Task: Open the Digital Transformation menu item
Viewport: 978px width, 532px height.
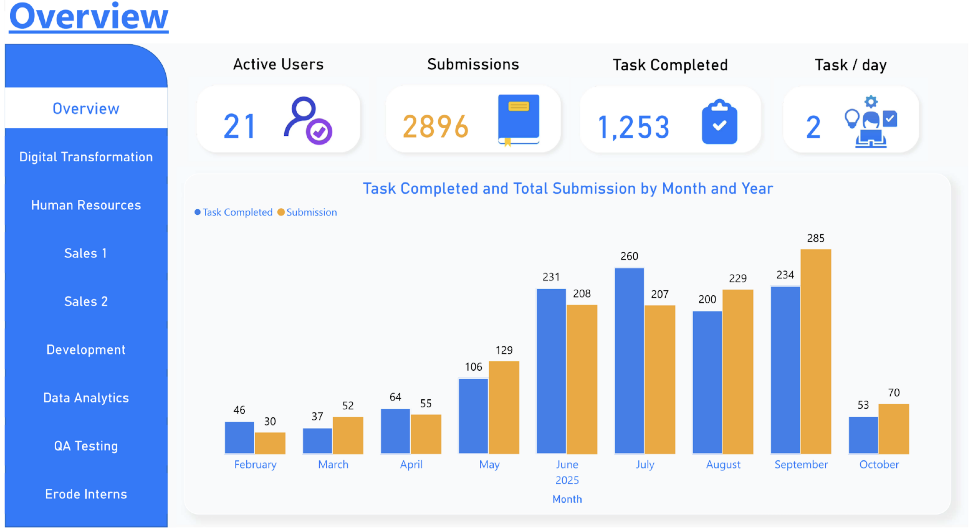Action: click(x=86, y=157)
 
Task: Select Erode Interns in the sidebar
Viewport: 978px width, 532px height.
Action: click(x=86, y=494)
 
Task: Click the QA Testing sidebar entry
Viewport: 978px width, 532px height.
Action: click(x=86, y=446)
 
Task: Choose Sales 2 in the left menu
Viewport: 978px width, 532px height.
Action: click(x=86, y=301)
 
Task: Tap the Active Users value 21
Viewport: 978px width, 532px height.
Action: click(x=239, y=126)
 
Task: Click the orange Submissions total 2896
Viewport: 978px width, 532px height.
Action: click(x=435, y=126)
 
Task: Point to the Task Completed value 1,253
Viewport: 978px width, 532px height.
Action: click(x=633, y=127)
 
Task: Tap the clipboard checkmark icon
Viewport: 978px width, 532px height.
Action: click(x=719, y=122)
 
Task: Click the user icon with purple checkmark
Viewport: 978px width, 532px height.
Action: click(x=308, y=121)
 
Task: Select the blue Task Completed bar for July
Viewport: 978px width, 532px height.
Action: click(x=629, y=360)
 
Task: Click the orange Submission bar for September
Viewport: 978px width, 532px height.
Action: click(x=816, y=351)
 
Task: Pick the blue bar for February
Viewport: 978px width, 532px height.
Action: click(x=239, y=438)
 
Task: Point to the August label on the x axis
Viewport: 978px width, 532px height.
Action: click(x=723, y=464)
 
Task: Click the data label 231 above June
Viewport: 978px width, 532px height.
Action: click(x=551, y=277)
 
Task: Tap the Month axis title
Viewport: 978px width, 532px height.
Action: click(x=567, y=499)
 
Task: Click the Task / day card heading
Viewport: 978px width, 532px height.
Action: click(x=851, y=65)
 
